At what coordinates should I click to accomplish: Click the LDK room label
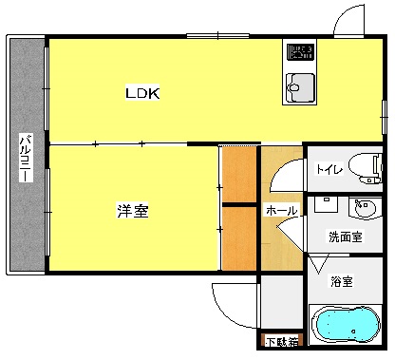pyautogui.click(x=143, y=93)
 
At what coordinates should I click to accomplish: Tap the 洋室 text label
pyautogui.click(x=133, y=210)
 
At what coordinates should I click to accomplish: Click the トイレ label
pyautogui.click(x=329, y=170)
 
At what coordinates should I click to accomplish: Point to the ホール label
pyautogui.click(x=282, y=210)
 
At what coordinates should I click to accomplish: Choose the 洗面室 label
pyautogui.click(x=345, y=237)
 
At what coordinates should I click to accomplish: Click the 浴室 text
pyautogui.click(x=342, y=281)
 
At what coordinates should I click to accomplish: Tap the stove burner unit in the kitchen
pyautogui.click(x=301, y=52)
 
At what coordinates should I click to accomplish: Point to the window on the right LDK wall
pyautogui.click(x=383, y=113)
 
